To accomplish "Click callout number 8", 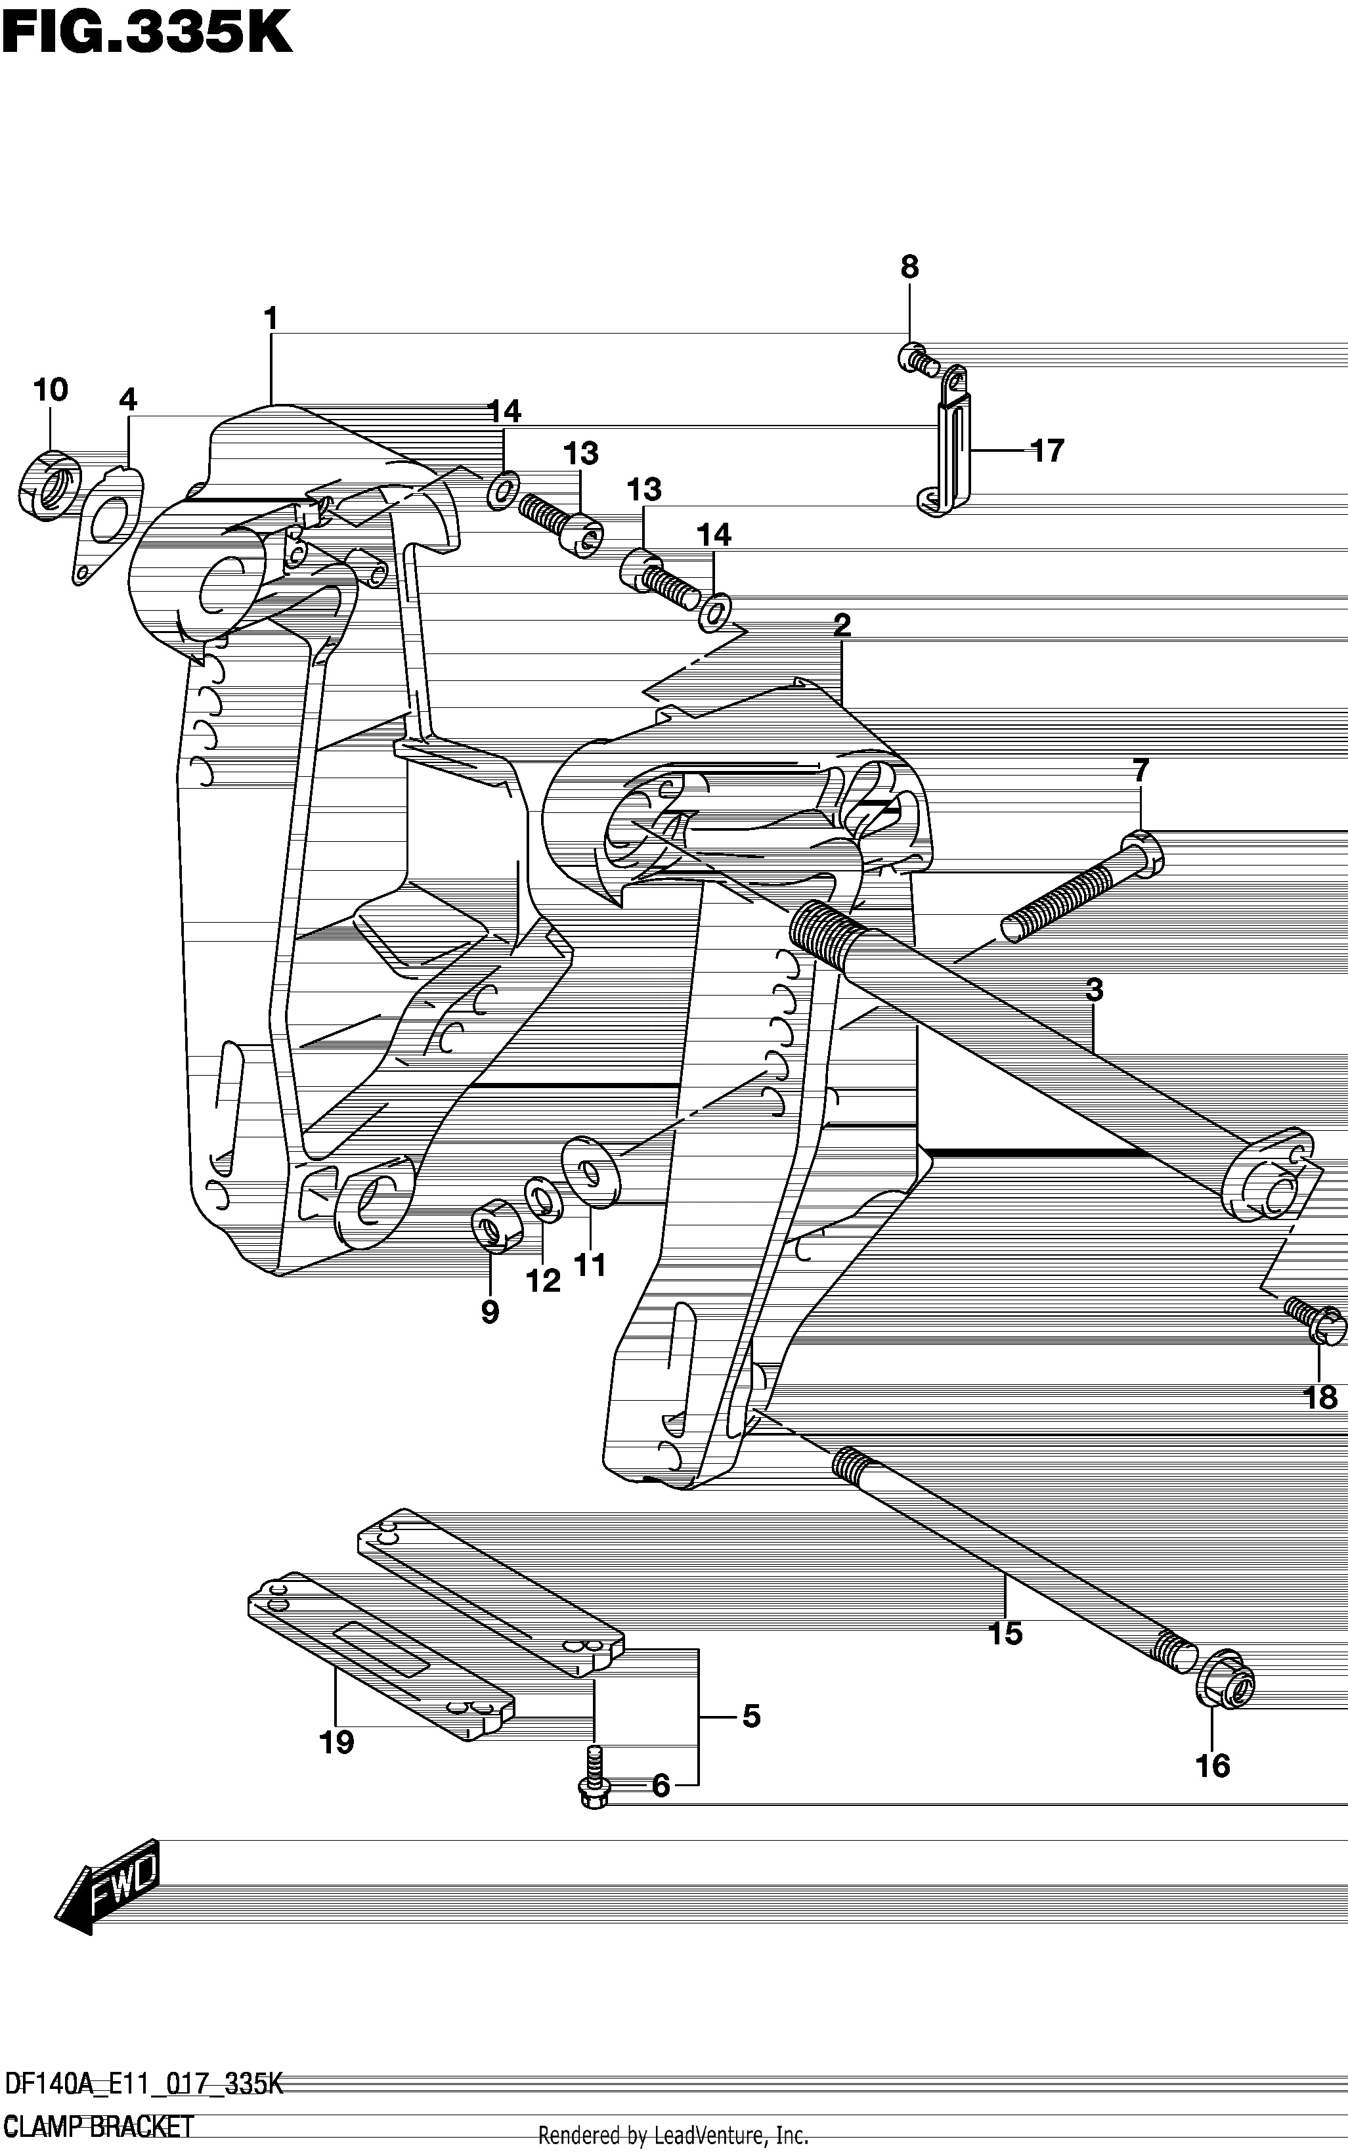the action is [909, 267].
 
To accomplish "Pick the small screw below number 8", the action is [917, 359].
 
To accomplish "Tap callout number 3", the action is [1094, 990].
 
